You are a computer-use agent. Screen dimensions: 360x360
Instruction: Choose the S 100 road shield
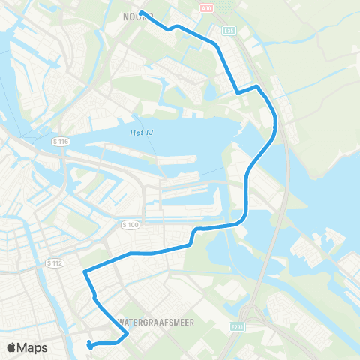coord(130,224)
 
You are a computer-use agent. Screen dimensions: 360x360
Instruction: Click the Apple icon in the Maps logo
coord(13,347)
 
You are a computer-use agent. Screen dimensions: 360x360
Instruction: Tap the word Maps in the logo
coord(34,347)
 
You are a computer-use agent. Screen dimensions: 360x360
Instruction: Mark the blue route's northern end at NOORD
coord(141,12)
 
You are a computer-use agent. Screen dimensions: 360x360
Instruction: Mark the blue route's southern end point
coord(89,343)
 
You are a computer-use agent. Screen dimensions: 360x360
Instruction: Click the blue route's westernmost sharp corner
coord(84,270)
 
